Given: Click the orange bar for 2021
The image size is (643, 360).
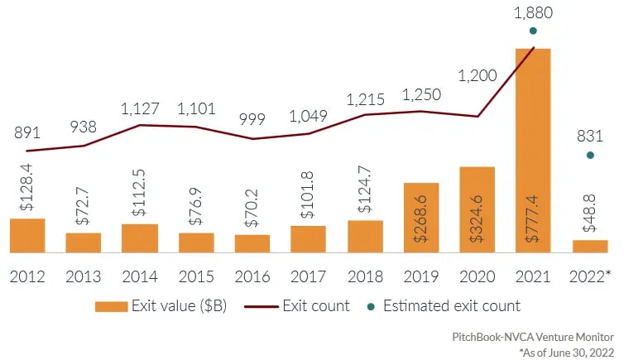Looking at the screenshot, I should (x=534, y=149).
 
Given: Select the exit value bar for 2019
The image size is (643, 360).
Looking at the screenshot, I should (x=421, y=217).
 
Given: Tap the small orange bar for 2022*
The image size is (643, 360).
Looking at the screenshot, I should (x=590, y=246).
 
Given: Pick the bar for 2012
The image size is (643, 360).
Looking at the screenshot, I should (x=27, y=235).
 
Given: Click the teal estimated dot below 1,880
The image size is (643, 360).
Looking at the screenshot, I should (x=534, y=31).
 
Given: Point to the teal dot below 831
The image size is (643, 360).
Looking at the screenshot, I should (x=590, y=155).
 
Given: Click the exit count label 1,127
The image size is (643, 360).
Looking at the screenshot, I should (x=140, y=108).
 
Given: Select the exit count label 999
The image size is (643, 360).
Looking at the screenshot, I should (x=252, y=119).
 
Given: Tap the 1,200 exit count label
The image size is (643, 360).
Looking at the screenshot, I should (x=478, y=76).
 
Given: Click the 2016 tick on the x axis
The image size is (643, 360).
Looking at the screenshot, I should (x=252, y=274).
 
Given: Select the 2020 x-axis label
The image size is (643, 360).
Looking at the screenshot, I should (x=477, y=274).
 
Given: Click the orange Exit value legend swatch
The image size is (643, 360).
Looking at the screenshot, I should (x=111, y=306).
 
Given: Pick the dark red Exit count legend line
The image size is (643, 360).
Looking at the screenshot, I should (x=264, y=306).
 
